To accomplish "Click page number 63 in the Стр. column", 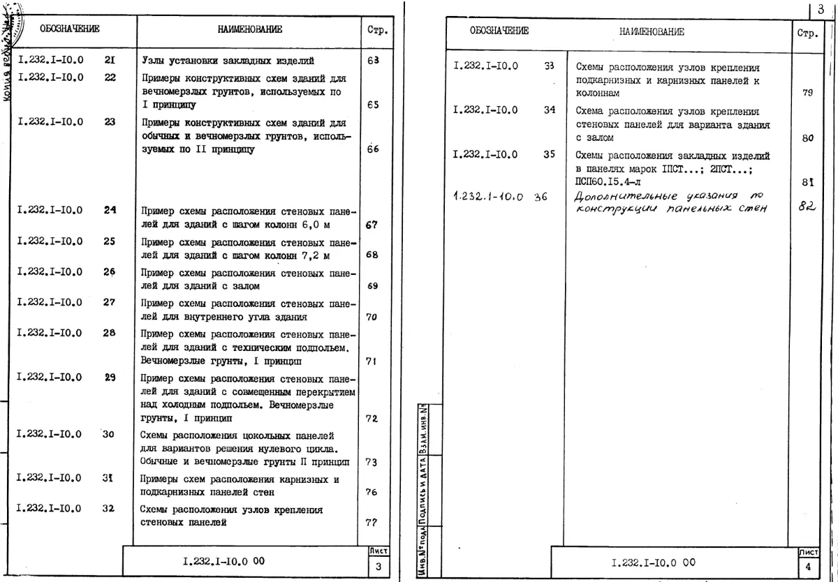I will click(x=373, y=61).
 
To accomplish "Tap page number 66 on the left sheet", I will click(x=373, y=149).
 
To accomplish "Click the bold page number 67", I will click(x=372, y=225).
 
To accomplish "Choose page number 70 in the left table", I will click(x=372, y=317).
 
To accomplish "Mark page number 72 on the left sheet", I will click(x=372, y=419).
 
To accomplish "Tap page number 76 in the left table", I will click(x=372, y=493).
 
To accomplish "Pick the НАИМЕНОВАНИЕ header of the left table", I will click(x=250, y=29).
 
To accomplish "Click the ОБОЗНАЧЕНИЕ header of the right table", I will click(x=499, y=31).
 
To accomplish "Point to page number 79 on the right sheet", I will click(x=808, y=94).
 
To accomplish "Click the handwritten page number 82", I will click(x=807, y=207).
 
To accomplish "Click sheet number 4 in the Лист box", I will click(x=808, y=567).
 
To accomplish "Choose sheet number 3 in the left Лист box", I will click(x=378, y=567).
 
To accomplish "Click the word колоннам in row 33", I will click(x=596, y=93).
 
